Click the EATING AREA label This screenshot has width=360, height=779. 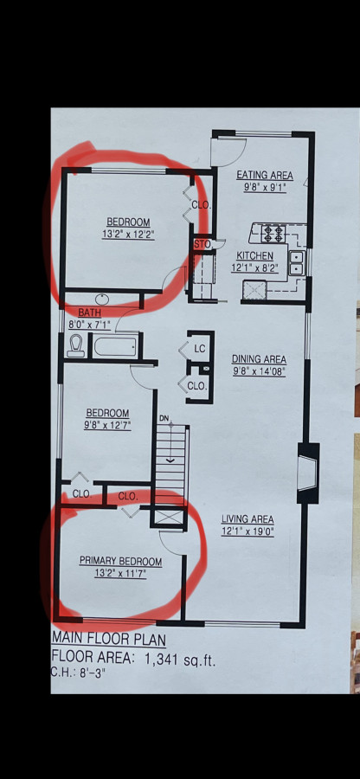point(264,176)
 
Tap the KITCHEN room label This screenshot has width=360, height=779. point(254,256)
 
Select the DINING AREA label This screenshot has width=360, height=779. point(260,359)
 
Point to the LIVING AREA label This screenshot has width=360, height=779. point(247,519)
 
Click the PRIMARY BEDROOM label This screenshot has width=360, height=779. point(120,562)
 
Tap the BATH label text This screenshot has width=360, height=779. point(90,313)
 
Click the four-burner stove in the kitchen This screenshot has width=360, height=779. point(273,233)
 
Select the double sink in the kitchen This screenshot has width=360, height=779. point(297,263)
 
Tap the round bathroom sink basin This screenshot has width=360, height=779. point(102,299)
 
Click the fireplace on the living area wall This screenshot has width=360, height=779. point(307,473)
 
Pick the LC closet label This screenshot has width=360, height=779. point(199,350)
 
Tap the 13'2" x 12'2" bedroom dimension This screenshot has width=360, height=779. point(128,235)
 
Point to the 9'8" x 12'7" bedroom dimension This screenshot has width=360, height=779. point(108,425)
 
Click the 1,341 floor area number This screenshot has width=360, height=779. point(164,660)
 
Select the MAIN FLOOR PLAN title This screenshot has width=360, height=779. point(109,639)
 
